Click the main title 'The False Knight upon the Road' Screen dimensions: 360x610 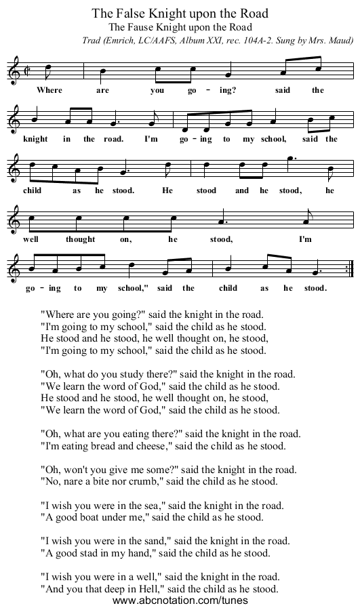click(x=180, y=13)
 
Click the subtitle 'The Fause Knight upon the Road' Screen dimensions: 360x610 click(x=180, y=27)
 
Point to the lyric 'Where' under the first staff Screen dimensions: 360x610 click(x=49, y=89)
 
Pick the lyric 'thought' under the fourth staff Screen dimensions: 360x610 click(x=81, y=239)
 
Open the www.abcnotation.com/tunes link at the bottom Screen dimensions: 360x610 click(x=180, y=601)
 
